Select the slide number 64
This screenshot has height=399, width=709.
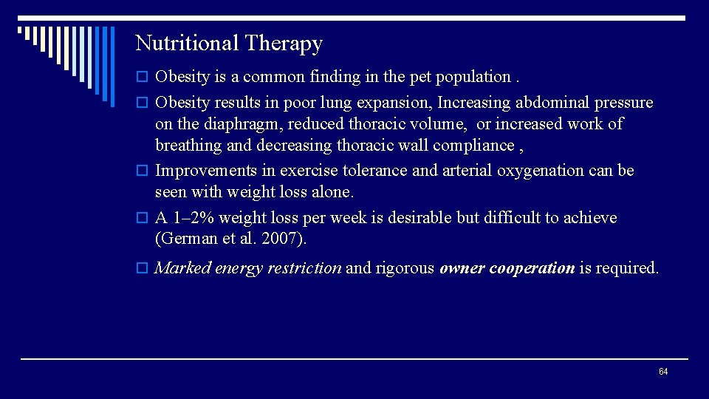click(662, 372)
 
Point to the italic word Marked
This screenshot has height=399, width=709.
click(182, 268)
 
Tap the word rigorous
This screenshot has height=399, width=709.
click(405, 268)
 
